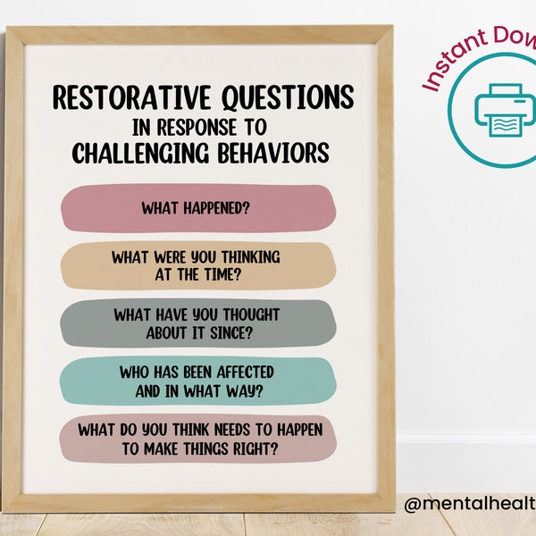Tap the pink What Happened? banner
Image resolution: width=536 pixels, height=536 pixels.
(197, 208)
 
